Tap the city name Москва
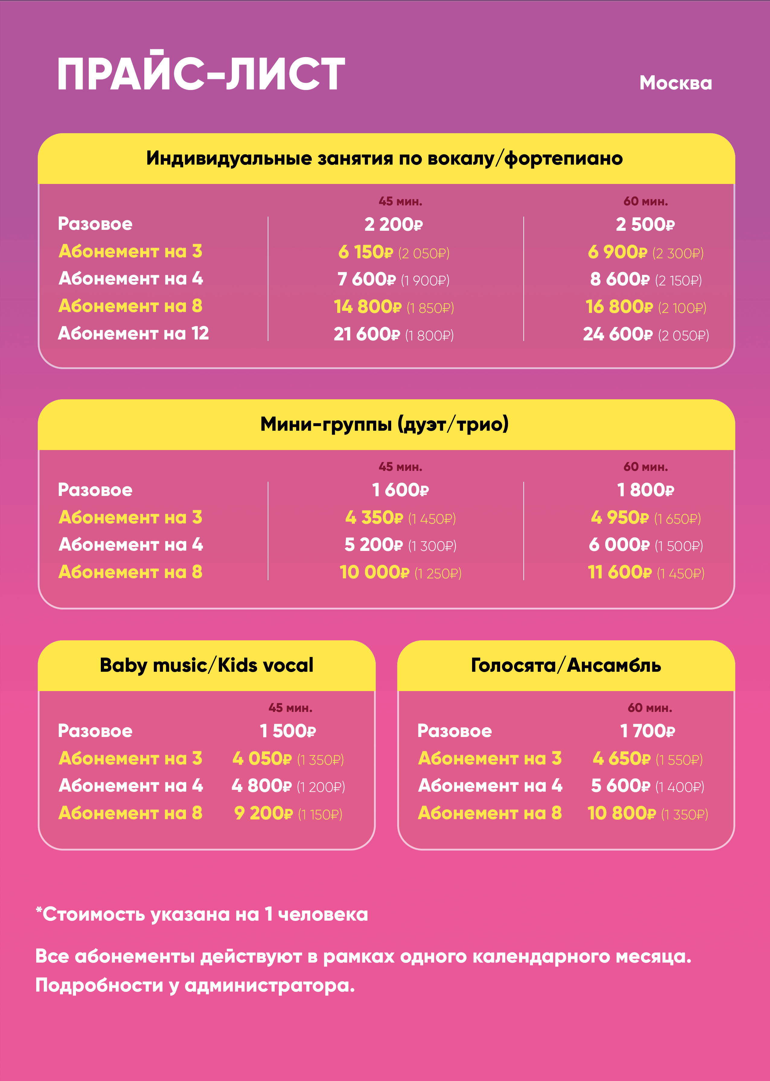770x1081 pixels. [675, 83]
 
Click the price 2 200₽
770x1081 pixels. [393, 224]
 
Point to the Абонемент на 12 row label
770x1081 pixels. [133, 333]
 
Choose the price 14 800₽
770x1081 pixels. [367, 307]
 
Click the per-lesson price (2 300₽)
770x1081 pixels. [678, 253]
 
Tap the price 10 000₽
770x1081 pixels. [374, 573]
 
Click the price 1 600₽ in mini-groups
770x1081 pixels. [400, 490]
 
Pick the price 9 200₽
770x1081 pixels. [263, 813]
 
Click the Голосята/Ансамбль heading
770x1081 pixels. [566, 665]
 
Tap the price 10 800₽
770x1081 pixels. [621, 813]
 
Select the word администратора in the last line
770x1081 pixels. [269, 986]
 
